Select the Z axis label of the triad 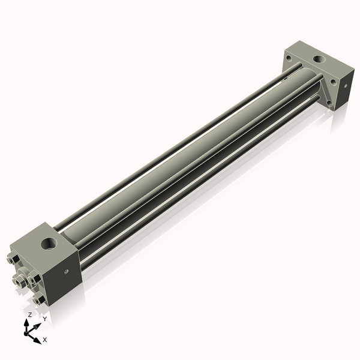[x=30, y=314]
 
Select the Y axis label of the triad [x=44, y=319]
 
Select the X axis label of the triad [x=45, y=340]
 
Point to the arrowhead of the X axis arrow [x=37, y=338]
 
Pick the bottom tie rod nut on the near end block [x=40, y=299]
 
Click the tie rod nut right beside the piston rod [x=34, y=281]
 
